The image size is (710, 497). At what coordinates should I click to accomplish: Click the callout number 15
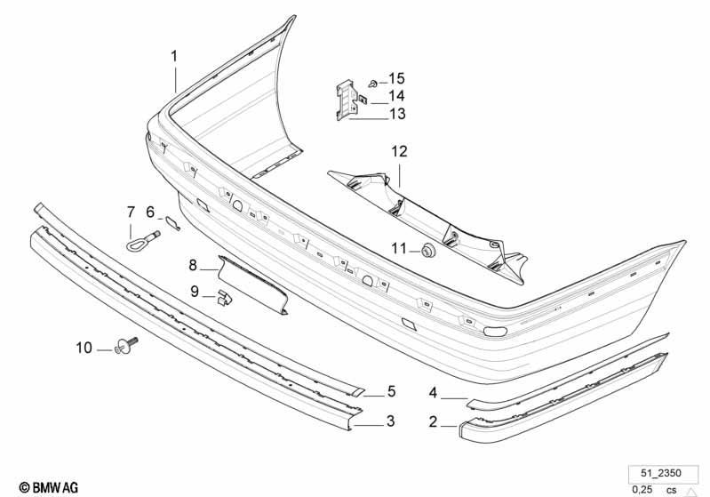pos(396,78)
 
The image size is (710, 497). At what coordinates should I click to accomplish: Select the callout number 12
pos(399,151)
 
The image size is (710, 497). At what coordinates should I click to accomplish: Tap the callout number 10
pos(84,348)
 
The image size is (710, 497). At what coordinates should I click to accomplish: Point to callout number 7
pos(131,212)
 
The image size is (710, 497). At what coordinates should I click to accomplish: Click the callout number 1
pos(174,56)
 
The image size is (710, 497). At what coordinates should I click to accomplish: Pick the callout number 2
pos(433,421)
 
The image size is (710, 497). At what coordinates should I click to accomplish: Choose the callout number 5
pos(391,391)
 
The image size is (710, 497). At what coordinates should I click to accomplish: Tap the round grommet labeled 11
pos(427,250)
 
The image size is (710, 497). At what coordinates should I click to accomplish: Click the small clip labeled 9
pos(224,297)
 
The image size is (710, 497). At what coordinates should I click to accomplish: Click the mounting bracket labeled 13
pos(347,100)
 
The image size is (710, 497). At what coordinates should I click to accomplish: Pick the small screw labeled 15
pos(373,84)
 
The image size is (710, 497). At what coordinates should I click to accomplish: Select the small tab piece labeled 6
pos(172,222)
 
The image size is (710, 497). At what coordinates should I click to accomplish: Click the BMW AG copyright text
pos(49,487)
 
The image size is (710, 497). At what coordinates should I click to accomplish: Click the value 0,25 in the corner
pos(642,489)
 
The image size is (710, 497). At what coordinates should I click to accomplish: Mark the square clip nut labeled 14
pos(363,98)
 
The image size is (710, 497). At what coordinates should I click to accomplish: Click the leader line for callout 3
pos(368,425)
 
